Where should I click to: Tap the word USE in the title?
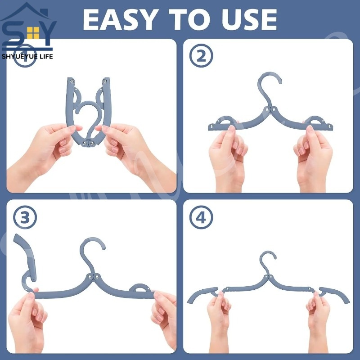pos(249,20)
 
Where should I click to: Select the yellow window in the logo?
pos(33,33)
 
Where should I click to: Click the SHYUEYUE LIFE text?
pos(27,57)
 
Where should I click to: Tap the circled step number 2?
pos(201,56)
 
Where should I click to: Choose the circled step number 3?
pos(25,217)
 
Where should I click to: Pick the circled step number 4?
pos(201,217)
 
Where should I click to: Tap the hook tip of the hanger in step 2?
pos(280,82)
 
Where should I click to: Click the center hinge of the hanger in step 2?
pos(270,109)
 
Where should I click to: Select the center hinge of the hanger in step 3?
pos(93,276)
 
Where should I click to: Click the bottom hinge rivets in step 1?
pos(88,144)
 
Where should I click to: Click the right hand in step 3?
pos(163,319)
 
